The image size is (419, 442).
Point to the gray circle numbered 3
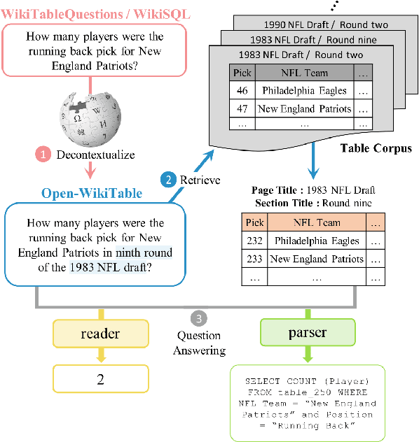tap(201, 318)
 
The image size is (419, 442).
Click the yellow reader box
tap(101, 334)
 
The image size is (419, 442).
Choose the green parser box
tap(307, 333)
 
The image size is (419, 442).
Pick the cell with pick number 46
tap(242, 90)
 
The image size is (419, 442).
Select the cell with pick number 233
tap(254, 259)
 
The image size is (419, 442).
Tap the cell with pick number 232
tap(254, 241)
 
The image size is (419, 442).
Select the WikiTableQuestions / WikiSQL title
tap(95, 13)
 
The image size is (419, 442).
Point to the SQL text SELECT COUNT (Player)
tap(306, 381)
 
